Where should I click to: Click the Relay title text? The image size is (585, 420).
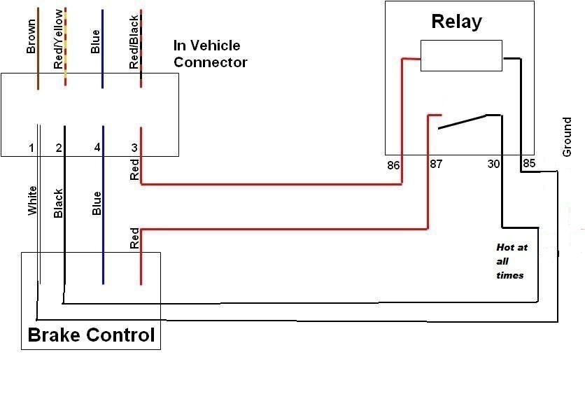coord(456,22)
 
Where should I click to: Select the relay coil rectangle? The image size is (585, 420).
coord(460,55)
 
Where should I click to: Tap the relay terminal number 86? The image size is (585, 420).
coord(393,166)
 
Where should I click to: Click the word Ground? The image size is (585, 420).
coord(568,137)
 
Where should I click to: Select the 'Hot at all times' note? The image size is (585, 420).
coord(509,261)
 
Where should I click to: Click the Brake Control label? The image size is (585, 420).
coord(91,335)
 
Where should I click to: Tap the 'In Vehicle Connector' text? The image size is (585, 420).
coord(210,54)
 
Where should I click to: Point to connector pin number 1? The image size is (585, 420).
coord(31,148)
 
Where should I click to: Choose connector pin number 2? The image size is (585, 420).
coord(59,148)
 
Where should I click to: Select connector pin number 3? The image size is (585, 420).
coord(134,148)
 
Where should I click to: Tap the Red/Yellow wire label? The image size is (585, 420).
coord(58,46)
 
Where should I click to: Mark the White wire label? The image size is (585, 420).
coord(32,200)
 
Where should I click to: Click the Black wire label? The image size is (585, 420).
coord(59,203)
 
